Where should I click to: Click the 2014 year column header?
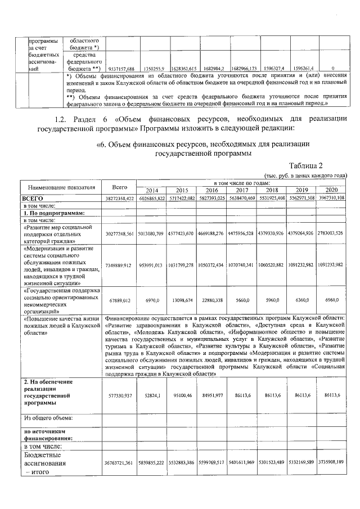(151, 190)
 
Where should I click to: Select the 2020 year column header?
(331, 190)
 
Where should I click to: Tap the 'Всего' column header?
(120, 186)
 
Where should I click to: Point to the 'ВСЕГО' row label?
(33, 198)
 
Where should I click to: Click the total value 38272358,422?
(119, 199)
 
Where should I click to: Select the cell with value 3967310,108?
(331, 199)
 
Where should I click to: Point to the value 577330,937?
(119, 396)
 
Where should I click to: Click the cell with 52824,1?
(151, 396)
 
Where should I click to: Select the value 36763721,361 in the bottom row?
(119, 462)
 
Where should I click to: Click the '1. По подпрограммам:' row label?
(53, 213)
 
